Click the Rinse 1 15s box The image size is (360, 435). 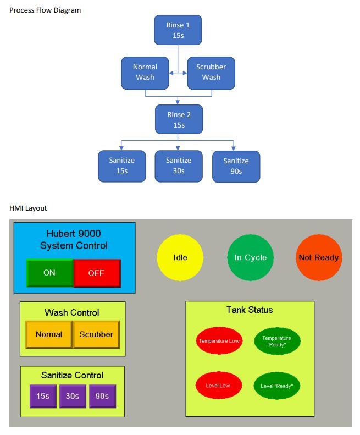tap(178, 30)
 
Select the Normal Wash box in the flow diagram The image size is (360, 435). tap(145, 73)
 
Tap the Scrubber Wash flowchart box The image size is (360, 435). tap(211, 73)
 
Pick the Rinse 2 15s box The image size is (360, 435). tap(179, 119)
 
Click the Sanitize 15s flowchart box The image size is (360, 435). tap(121, 166)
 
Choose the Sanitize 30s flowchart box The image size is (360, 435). tap(178, 166)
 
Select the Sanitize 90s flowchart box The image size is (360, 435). tap(236, 166)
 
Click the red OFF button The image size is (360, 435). tap(96, 273)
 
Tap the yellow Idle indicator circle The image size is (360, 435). tap(180, 257)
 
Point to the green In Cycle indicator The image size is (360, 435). tap(250, 257)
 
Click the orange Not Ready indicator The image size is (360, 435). tap(319, 257)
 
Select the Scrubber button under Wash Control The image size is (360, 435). tap(96, 334)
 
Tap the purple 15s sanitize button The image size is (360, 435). tap(43, 396)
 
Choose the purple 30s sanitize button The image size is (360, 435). tap(73, 396)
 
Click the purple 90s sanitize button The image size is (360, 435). tap(102, 396)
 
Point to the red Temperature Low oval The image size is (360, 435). tap(219, 341)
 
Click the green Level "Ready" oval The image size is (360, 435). tap(277, 386)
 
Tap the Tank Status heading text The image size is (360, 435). tap(250, 310)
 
